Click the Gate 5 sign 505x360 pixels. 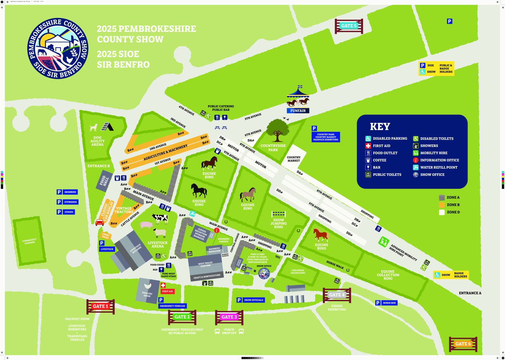(x=349, y=26)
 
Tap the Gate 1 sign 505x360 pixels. (x=100, y=306)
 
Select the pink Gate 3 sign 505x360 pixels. (x=229, y=317)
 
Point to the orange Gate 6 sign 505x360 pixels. (x=463, y=344)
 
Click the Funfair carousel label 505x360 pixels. (x=298, y=111)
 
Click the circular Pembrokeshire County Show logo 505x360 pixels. (x=58, y=48)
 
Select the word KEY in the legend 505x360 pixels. (x=380, y=127)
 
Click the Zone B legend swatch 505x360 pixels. (x=442, y=205)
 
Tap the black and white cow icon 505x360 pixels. (x=160, y=218)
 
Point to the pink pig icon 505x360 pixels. (x=146, y=225)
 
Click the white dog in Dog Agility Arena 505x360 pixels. (x=94, y=127)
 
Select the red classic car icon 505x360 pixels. (x=100, y=223)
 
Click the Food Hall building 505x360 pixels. (x=104, y=180)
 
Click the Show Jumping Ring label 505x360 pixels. (x=278, y=224)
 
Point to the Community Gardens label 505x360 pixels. (x=30, y=241)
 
